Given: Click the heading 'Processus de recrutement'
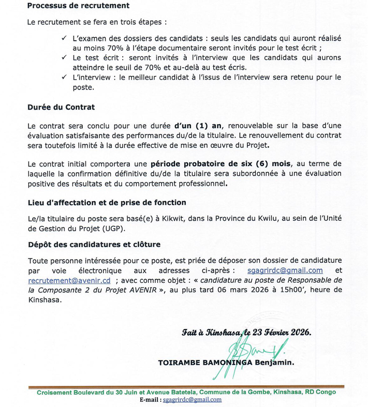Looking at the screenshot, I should point(78,6).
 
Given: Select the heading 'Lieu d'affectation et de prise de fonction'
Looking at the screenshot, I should point(107,202).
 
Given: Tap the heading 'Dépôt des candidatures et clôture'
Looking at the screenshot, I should point(94,244).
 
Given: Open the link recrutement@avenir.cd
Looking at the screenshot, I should point(69,280).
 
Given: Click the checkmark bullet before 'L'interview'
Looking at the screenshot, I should point(64,77).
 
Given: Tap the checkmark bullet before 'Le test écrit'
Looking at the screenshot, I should point(64,58).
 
